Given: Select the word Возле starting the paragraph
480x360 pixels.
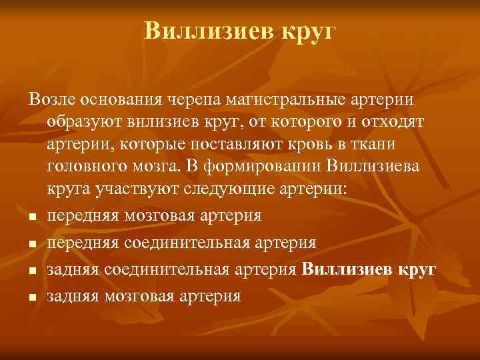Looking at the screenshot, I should [x=52, y=99].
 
